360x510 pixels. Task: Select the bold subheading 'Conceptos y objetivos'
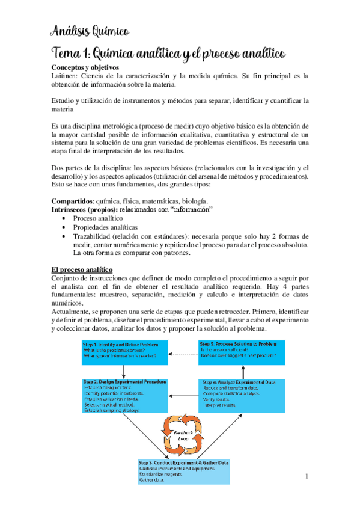[x=85, y=67]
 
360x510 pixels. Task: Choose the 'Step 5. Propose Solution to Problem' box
[x=242, y=352]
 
